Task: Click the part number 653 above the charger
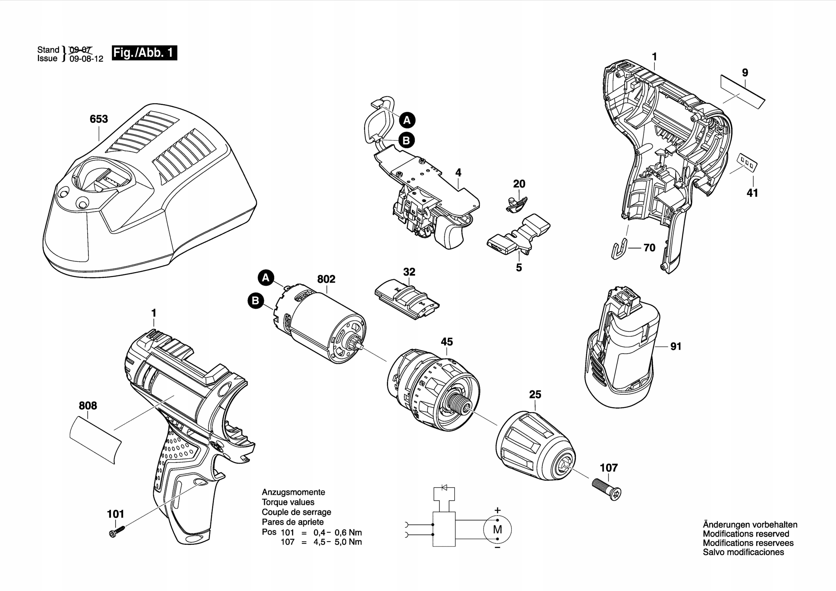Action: point(99,119)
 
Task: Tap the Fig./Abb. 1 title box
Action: point(144,53)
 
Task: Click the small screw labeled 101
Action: point(117,531)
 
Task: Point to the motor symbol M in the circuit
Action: point(497,530)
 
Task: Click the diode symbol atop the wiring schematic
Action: point(444,487)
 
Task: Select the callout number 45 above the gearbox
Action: point(446,342)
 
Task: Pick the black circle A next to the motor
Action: point(266,278)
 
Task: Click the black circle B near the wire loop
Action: point(406,140)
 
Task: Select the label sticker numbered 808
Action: point(95,440)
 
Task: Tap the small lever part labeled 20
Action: point(516,203)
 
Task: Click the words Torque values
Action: point(288,502)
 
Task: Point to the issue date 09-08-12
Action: point(86,59)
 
